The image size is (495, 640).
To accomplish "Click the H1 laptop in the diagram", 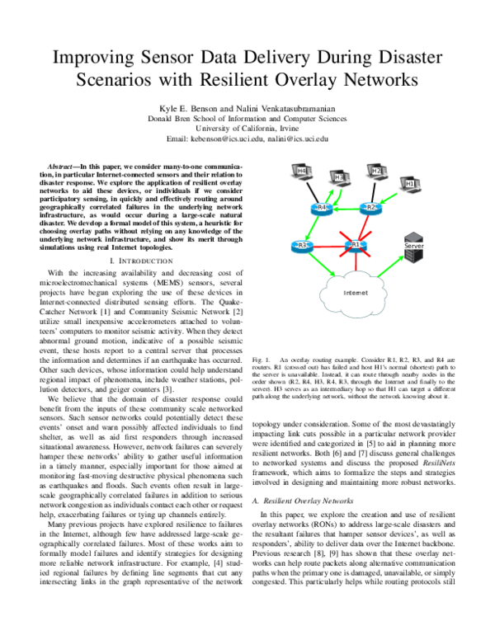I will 410,182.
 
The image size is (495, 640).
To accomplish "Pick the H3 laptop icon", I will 338,178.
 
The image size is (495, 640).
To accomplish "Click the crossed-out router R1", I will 355,244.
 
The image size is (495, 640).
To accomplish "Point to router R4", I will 323,207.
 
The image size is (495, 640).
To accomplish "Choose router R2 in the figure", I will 370,207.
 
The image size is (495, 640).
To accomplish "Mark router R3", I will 303,245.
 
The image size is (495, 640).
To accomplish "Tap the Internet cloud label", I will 356,292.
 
